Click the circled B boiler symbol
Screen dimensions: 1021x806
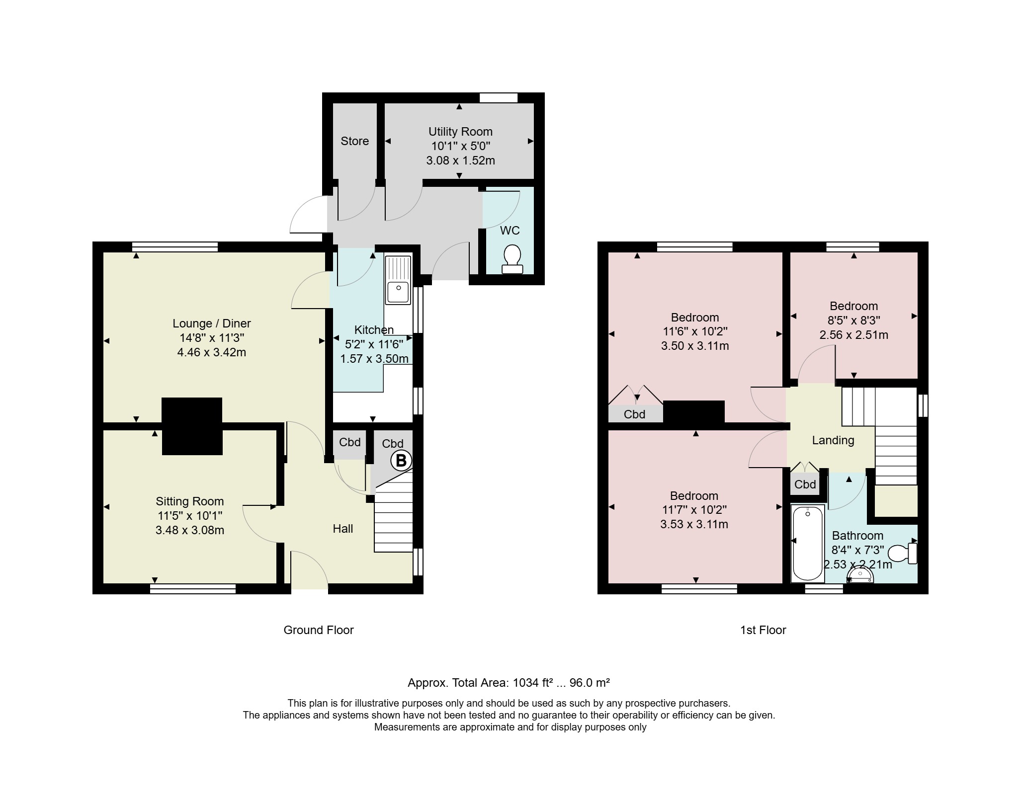tap(401, 461)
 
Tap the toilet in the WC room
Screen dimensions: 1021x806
tap(512, 259)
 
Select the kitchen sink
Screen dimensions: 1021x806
tap(398, 280)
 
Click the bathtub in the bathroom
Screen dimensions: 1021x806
tap(808, 543)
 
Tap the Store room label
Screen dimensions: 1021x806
tap(354, 141)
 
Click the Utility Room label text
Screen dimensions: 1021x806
tap(460, 132)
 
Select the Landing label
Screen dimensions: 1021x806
tap(833, 440)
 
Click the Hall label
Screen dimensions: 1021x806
tap(343, 529)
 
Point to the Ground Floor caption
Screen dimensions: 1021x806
tap(319, 630)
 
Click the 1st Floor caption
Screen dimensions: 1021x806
tap(763, 630)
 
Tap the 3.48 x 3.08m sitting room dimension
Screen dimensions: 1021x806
tap(190, 530)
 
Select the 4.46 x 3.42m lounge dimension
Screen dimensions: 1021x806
tap(212, 353)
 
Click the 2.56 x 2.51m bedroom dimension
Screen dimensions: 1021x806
tap(854, 335)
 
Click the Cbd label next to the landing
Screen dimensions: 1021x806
tap(805, 484)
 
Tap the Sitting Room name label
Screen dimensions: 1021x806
tap(190, 501)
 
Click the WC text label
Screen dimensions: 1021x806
tap(510, 231)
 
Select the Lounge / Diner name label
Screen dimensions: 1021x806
tap(212, 323)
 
